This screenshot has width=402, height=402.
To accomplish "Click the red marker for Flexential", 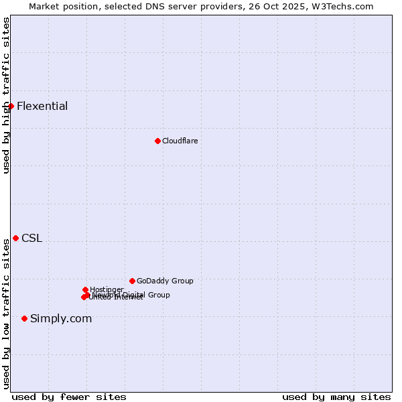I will point(11,106).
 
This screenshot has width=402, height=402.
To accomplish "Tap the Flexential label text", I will point(42,106).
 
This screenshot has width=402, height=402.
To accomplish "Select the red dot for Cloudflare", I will point(157,141).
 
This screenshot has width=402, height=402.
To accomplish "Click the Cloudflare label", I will point(180,141).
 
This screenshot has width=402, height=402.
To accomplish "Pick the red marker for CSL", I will point(15,238).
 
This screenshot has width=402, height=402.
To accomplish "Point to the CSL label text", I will point(31,238).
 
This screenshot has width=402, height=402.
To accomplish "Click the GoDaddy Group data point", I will point(132,281).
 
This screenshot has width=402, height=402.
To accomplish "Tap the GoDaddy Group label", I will point(165,281).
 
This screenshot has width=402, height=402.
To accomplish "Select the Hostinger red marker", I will point(85,289).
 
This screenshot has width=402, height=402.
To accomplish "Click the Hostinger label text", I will point(107,289).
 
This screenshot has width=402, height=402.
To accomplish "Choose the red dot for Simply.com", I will point(24,318).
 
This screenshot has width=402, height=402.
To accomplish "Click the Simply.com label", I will point(61,318).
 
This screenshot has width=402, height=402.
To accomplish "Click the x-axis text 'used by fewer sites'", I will point(69,397).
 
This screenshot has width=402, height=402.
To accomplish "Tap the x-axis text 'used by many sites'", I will point(336,397).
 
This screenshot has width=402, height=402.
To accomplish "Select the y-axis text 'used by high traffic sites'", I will point(6,95).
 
